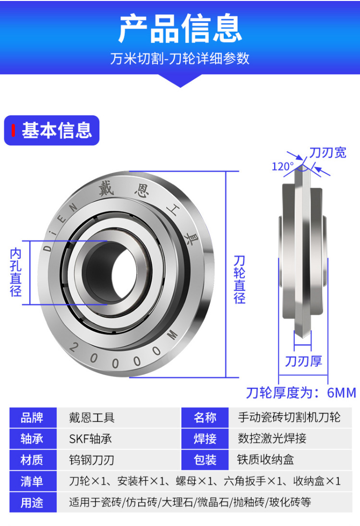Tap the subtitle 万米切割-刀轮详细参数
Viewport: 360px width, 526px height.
(x=180, y=59)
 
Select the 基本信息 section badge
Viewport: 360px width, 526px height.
(x=52, y=130)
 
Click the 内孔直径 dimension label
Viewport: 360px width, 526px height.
(x=16, y=272)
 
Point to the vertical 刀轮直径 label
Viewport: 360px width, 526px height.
(x=240, y=280)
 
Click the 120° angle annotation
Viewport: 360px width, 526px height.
(x=282, y=166)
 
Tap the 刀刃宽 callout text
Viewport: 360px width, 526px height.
(x=328, y=153)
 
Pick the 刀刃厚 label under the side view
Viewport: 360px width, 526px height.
(x=303, y=361)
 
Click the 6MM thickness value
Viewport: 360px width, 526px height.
(x=341, y=393)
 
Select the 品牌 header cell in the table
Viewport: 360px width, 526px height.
(x=32, y=417)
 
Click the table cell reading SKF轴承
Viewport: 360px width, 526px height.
(x=91, y=439)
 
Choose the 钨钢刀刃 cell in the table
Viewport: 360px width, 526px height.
(x=92, y=460)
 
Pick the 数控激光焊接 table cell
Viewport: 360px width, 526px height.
(x=272, y=439)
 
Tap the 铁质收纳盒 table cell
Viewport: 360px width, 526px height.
(x=266, y=460)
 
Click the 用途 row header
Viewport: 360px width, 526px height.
(x=32, y=502)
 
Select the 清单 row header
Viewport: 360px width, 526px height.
(x=32, y=481)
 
